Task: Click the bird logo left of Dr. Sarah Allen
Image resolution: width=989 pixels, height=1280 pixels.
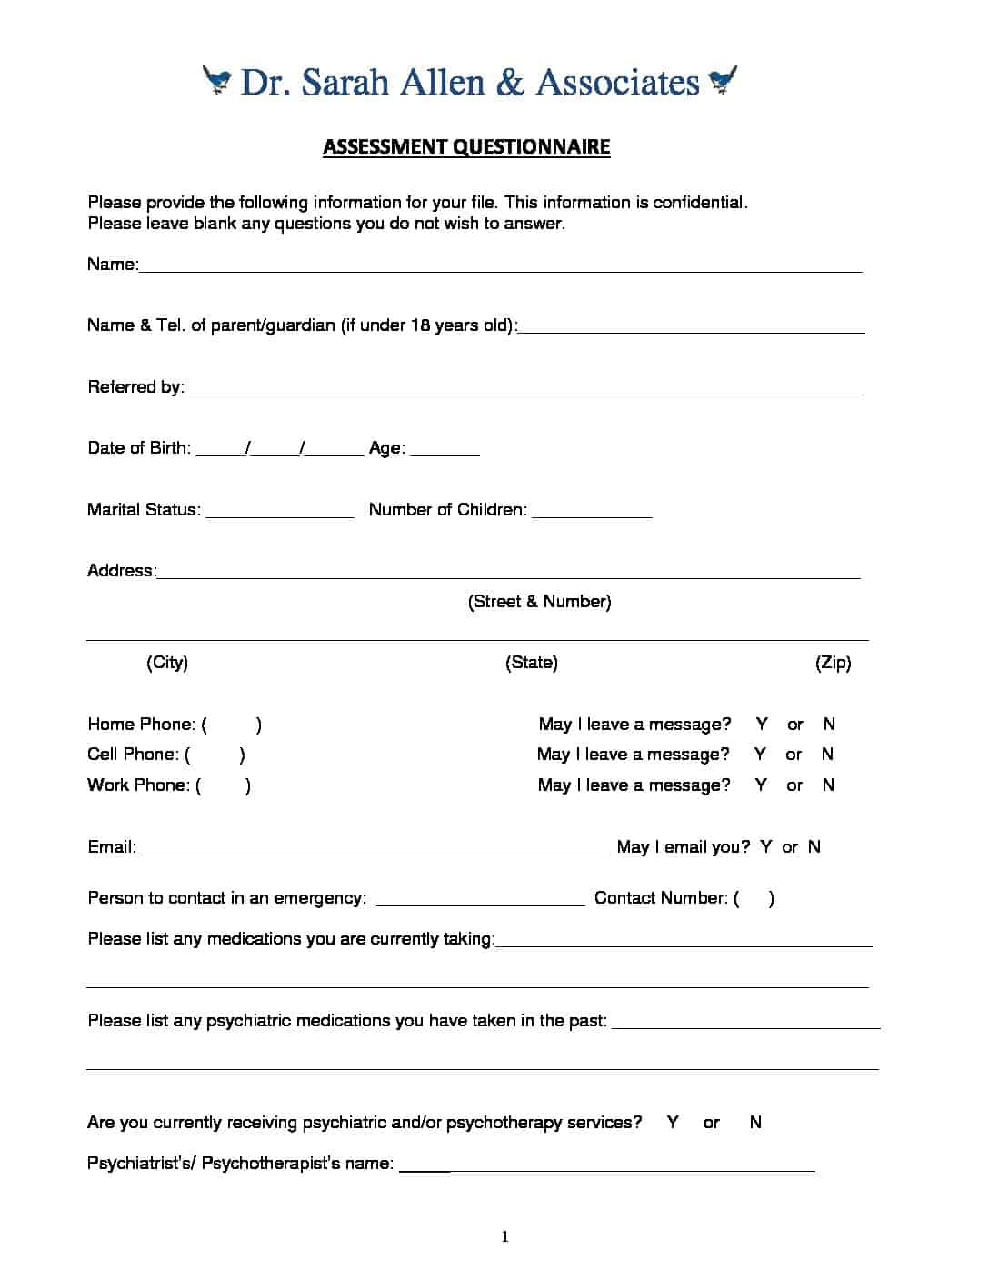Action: [x=217, y=80]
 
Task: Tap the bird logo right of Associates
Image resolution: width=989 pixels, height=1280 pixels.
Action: [x=724, y=80]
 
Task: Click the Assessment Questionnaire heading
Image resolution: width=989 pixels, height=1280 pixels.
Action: [x=466, y=146]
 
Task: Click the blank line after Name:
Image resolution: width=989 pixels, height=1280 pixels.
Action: [x=500, y=268]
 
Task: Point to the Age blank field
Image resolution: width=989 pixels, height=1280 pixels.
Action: [x=445, y=452]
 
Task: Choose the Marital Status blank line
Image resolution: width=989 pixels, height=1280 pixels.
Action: [x=280, y=514]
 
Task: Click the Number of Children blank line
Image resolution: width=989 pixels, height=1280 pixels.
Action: [x=592, y=514]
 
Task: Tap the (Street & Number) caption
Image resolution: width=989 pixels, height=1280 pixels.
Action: [x=539, y=602]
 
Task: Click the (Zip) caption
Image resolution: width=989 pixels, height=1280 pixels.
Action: [x=833, y=663]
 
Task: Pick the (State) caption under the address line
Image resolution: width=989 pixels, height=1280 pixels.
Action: [x=532, y=663]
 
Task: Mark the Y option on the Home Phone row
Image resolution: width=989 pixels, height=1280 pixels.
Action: [x=762, y=725]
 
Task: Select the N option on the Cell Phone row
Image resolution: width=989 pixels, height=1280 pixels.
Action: [x=827, y=755]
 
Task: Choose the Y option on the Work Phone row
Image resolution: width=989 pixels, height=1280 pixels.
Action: [x=761, y=785]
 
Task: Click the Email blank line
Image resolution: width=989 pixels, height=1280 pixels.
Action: [x=374, y=852]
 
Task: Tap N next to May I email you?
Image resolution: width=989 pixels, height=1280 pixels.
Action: [x=814, y=847]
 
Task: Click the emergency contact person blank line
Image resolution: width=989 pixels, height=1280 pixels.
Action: [x=480, y=903]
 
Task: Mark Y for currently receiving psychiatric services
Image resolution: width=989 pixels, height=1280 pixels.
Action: [x=673, y=1123]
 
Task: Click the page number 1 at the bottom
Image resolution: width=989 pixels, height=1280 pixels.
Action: [x=505, y=1236]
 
